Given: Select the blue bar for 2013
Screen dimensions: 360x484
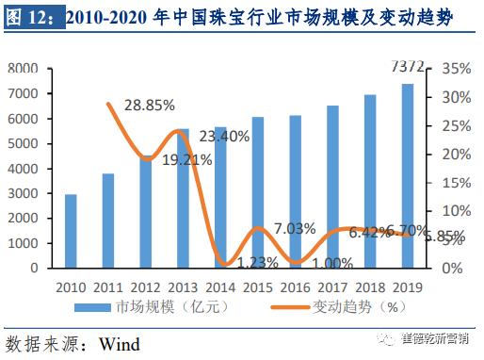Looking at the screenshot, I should click(x=183, y=198).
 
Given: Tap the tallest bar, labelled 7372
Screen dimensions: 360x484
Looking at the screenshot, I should click(x=407, y=175).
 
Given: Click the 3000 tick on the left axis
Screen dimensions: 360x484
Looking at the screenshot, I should click(x=23, y=193).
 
